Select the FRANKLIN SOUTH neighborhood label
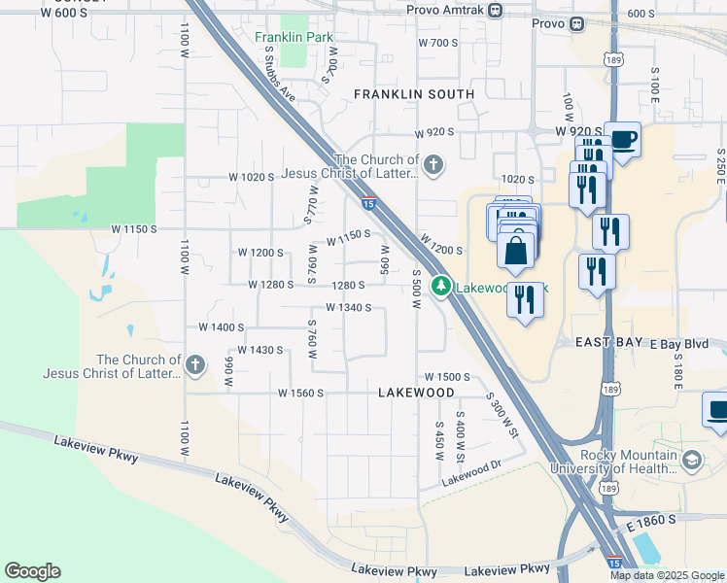click(414, 94)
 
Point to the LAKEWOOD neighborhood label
click(416, 392)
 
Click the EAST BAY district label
click(610, 343)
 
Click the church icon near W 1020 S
click(433, 165)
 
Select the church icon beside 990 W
click(195, 364)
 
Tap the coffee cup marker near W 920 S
click(623, 140)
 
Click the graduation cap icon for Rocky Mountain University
click(692, 460)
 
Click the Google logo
click(32, 571)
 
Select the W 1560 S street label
click(299, 394)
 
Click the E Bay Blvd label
click(679, 344)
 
